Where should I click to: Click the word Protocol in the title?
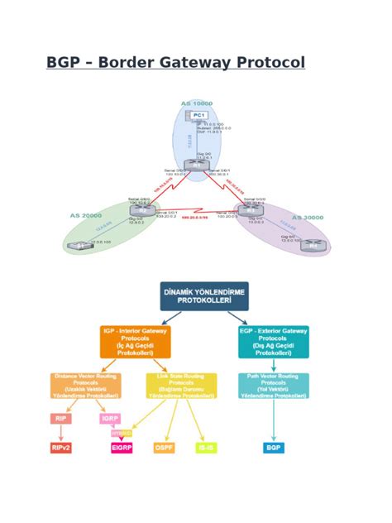[269, 63]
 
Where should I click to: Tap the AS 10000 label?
[197, 103]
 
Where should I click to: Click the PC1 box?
[197, 115]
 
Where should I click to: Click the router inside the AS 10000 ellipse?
[196, 165]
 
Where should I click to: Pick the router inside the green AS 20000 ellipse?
[138, 210]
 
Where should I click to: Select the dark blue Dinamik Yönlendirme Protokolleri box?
[203, 296]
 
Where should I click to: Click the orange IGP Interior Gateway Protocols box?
[136, 341]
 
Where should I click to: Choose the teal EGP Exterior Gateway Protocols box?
[273, 341]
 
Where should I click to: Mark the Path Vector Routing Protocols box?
[273, 385]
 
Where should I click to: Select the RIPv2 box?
[60, 448]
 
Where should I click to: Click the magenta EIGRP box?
[122, 448]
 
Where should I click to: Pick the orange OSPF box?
[164, 448]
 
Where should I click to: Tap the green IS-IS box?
[205, 448]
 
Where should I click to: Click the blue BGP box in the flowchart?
[273, 448]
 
